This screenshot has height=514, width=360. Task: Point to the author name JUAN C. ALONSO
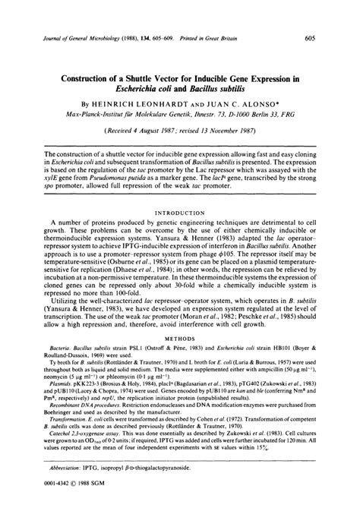(244, 100)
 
